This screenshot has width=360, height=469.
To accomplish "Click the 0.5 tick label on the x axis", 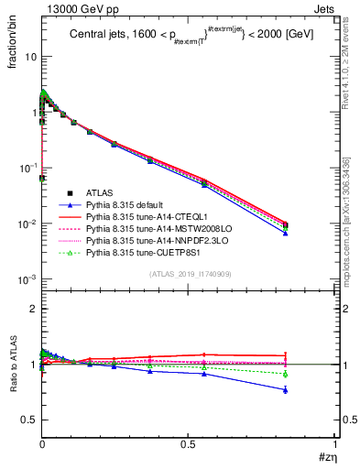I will (189, 443).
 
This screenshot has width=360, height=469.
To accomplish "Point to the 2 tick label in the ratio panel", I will (31, 309).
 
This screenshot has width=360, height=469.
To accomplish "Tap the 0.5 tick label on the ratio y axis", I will (27, 420).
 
